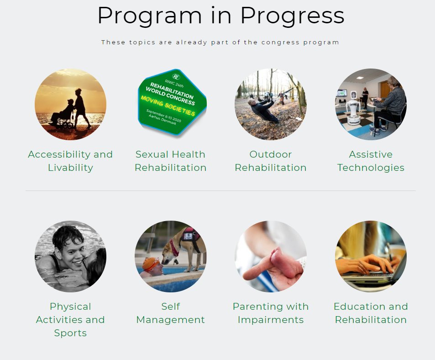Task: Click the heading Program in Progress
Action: click(x=220, y=16)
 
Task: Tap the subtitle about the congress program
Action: click(x=220, y=42)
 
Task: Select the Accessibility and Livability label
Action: click(x=70, y=161)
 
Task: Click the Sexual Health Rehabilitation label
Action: click(x=170, y=161)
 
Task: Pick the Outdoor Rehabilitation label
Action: click(x=270, y=161)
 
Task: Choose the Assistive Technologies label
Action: click(x=371, y=161)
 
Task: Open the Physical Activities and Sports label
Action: click(x=70, y=319)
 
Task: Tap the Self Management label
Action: click(x=170, y=313)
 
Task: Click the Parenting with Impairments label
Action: click(x=270, y=313)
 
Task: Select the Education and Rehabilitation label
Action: click(x=371, y=313)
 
